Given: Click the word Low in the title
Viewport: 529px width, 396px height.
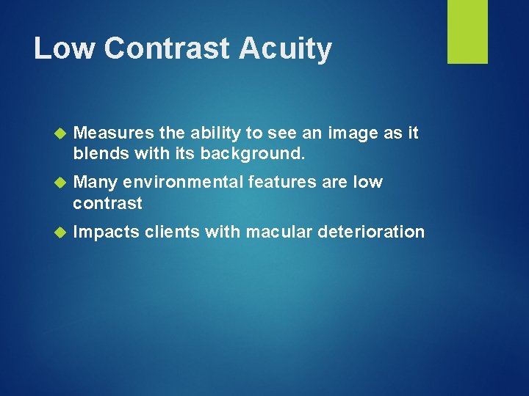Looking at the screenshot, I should (x=64, y=48).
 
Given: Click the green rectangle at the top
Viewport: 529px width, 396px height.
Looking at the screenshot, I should (x=467, y=32).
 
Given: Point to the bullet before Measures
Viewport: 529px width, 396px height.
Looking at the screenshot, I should (x=61, y=133).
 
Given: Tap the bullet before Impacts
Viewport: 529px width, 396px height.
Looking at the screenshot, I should (x=61, y=232).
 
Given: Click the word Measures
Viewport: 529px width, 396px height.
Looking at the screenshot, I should (x=114, y=133).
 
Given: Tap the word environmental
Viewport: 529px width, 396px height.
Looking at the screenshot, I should (x=185, y=182).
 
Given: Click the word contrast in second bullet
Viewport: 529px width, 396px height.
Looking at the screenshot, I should (x=107, y=203).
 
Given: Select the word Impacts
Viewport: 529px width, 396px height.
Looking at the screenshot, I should (x=107, y=232).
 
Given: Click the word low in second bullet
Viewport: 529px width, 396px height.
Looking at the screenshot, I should (x=368, y=182).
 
